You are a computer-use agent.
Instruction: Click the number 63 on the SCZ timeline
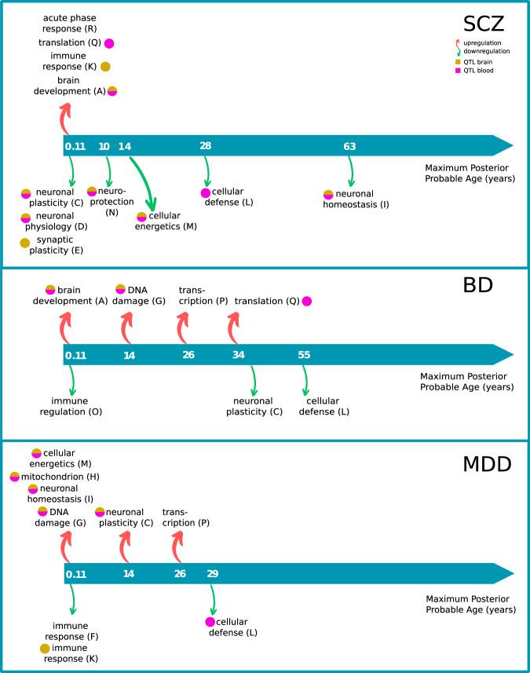coord(350,146)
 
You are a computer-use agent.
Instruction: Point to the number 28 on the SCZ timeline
coord(206,146)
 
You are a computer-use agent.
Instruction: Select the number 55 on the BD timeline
coord(305,355)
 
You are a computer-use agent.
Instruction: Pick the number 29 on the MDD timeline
coord(212,574)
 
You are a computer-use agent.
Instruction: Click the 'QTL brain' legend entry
coord(478,60)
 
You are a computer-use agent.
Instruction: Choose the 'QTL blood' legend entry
coord(478,71)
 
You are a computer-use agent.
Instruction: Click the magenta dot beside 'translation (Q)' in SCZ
coord(109,43)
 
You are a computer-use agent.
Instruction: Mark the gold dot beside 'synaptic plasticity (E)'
coord(25,243)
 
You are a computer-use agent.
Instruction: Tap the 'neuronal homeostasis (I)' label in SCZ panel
coord(356,199)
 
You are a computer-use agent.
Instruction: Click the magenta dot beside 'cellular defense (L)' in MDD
coord(210,622)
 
